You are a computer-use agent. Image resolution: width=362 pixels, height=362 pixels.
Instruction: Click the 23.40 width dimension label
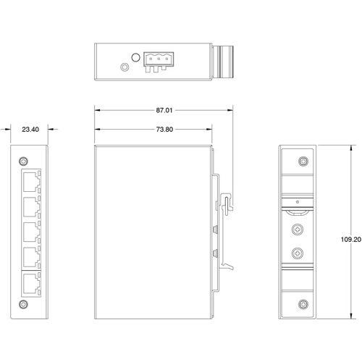(x=30, y=130)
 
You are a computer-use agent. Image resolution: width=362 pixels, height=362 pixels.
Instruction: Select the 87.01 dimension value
(x=164, y=111)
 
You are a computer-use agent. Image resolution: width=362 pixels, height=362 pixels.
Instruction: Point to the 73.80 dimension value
(x=164, y=130)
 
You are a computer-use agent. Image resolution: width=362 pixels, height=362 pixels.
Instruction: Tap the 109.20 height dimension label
(x=350, y=240)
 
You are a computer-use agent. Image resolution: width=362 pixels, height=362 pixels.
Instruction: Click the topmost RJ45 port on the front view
(x=30, y=179)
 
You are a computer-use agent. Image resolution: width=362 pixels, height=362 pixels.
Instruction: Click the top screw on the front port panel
(x=24, y=160)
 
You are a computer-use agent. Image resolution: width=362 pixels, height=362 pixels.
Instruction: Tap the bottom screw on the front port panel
(x=24, y=303)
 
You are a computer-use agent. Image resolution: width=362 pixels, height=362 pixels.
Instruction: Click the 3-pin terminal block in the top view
(x=156, y=62)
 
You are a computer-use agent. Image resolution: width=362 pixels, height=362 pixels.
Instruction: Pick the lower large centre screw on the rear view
(x=297, y=253)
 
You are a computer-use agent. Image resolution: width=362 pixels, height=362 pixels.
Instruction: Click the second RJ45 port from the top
(x=30, y=205)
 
